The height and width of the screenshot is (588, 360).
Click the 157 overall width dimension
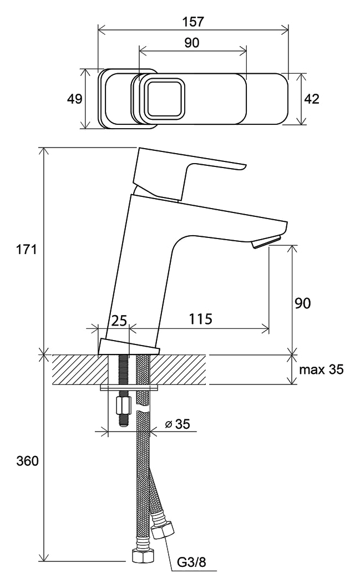click(192, 22)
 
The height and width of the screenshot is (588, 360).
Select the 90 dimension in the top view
click(192, 43)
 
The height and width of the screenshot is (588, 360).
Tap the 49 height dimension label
click(75, 99)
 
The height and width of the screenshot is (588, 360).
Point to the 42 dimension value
click(312, 99)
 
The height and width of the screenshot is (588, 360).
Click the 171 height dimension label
click(27, 249)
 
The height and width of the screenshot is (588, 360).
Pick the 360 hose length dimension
click(27, 461)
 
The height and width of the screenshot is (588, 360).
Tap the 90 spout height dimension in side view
click(303, 303)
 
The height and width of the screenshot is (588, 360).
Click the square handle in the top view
click(164, 99)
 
